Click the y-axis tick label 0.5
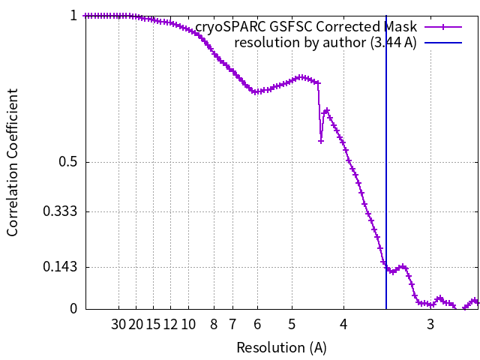coord(67,162)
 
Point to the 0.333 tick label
coord(60,211)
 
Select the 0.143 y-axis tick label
coord(60,267)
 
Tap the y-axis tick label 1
coord(73,15)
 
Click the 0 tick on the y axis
coord(73,308)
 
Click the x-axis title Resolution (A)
coord(281,347)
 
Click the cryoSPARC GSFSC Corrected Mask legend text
coord(306,27)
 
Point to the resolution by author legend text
coord(325,42)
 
